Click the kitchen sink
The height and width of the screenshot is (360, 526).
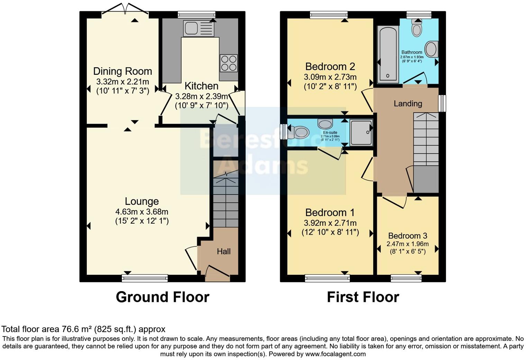point(199,28)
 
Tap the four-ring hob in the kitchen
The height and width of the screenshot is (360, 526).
point(228,63)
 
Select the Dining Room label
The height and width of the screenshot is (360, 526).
point(123,71)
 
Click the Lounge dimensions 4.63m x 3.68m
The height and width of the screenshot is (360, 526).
point(142,211)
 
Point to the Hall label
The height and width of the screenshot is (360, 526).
point(224,252)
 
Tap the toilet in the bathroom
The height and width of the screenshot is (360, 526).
point(417,28)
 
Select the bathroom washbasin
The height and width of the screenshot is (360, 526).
point(431,49)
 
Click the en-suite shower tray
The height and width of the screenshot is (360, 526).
point(361,132)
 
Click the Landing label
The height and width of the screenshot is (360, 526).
point(408,103)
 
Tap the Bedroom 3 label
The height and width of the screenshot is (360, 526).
point(408,236)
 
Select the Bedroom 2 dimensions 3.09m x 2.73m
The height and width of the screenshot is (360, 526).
point(330,77)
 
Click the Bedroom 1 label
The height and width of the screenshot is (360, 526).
point(330,212)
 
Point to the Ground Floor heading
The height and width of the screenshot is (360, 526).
point(162,297)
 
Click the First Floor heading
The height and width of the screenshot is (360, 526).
point(363,297)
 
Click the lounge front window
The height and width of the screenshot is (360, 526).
point(145,278)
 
